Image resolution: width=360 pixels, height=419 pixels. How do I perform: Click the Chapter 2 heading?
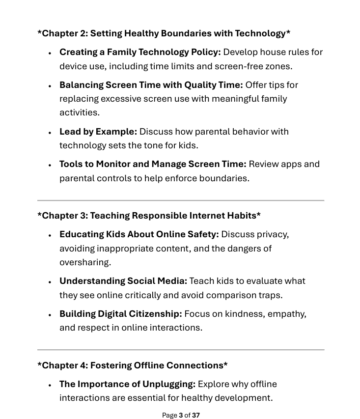(x=164, y=33)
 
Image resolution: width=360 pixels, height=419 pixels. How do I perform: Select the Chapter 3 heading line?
(x=149, y=216)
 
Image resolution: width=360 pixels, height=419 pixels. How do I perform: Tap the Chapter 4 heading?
(x=133, y=365)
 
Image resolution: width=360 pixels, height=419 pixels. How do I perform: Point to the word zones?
(x=278, y=66)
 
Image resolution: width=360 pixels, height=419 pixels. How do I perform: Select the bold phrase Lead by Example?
(x=98, y=132)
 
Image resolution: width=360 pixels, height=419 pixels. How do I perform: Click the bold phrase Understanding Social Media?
(x=123, y=281)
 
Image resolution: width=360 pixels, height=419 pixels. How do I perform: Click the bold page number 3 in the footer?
(x=181, y=415)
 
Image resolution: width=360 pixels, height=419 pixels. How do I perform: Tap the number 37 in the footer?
(x=196, y=415)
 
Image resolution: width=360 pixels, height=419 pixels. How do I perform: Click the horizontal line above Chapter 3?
(x=181, y=200)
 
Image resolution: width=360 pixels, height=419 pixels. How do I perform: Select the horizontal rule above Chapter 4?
(x=181, y=350)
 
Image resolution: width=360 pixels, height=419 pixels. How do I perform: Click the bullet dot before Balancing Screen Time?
(x=50, y=86)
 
